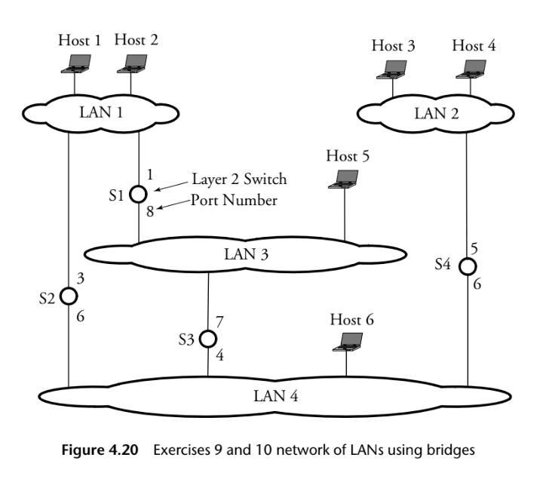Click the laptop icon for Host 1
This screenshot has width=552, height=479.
tap(75, 65)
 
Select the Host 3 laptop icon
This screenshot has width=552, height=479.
tap(393, 70)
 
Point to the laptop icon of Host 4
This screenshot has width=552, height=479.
tap(471, 70)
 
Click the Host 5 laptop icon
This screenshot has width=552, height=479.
tap(346, 180)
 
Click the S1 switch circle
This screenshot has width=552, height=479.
tap(138, 194)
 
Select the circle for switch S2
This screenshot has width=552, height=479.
tap(69, 296)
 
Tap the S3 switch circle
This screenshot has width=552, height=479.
tap(208, 339)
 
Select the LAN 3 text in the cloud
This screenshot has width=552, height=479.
tap(245, 253)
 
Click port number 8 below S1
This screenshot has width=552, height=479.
tap(149, 212)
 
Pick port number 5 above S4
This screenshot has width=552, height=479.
tap(474, 247)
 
